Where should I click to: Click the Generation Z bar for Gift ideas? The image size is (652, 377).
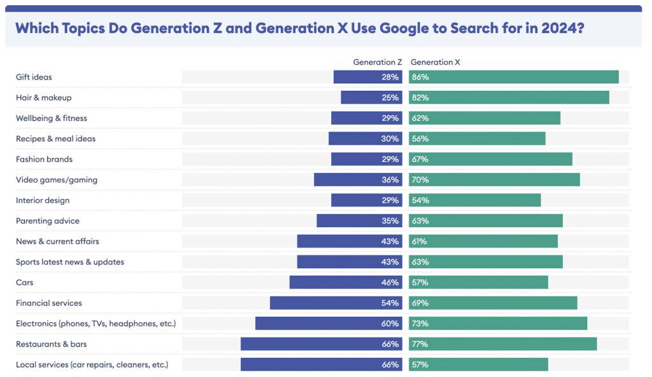367,77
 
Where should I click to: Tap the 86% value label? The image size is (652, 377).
420,77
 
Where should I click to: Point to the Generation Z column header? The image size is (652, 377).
378,62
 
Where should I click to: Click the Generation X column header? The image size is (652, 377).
436,62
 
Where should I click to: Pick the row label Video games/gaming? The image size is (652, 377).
57,180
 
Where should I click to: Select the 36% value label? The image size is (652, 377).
390,180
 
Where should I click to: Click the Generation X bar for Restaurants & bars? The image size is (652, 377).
503,344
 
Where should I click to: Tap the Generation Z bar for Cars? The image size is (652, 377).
346,282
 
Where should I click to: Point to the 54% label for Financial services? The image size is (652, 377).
390,303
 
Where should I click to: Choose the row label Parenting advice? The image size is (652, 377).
48,221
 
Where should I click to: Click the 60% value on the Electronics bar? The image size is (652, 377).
390,324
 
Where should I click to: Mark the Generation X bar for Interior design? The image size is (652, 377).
475,200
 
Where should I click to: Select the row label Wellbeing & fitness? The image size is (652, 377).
52,118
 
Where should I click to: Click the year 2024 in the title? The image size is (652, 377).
558,29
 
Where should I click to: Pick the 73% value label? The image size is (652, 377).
420,324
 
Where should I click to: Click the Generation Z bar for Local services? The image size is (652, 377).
321,364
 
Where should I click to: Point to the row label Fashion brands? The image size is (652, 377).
44,159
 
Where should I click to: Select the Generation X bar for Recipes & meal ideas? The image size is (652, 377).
478,139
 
